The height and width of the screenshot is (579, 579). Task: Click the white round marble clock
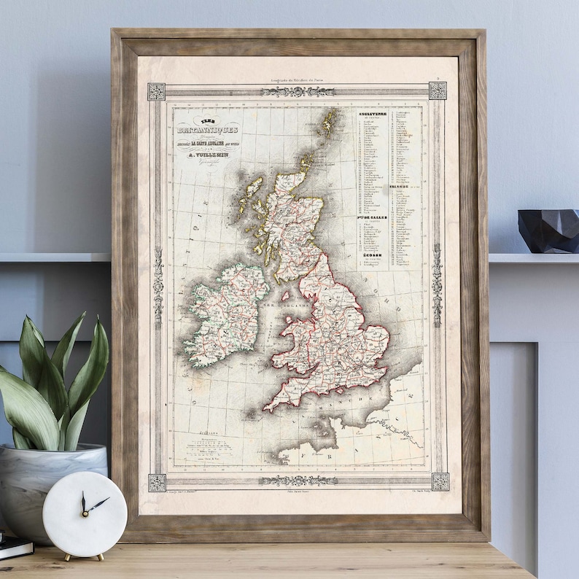pyautogui.click(x=84, y=513)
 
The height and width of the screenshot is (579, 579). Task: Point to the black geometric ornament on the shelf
pyautogui.click(x=548, y=231)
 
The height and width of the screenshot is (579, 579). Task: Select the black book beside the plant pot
pyautogui.click(x=15, y=547)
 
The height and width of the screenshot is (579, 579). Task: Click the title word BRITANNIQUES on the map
pyautogui.click(x=206, y=131)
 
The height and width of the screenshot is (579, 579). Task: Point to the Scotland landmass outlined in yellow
pyautogui.click(x=288, y=219)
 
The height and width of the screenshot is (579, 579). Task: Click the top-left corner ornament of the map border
pyautogui.click(x=156, y=91)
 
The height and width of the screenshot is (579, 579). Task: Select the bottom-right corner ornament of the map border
pyautogui.click(x=440, y=481)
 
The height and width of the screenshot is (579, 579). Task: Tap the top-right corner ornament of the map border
pyautogui.click(x=438, y=90)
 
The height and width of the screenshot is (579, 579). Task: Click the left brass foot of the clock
pyautogui.click(x=66, y=557)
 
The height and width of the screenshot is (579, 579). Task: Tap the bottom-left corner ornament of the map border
pyautogui.click(x=157, y=482)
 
